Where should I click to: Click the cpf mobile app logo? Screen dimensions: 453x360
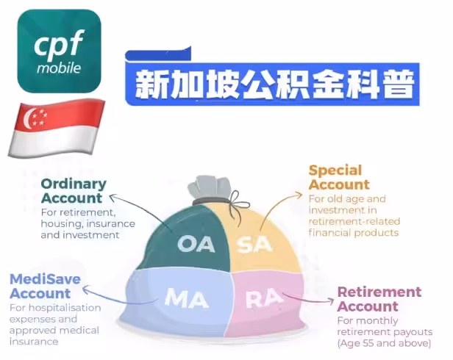coord(60,51)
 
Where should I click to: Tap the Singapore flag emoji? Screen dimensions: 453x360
coord(57,129)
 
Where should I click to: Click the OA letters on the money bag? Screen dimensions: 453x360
coord(196,244)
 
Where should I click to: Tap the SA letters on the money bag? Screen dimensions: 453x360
coord(254,245)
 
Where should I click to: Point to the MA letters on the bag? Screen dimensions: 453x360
coord(186,298)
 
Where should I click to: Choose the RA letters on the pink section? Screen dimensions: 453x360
coord(264,298)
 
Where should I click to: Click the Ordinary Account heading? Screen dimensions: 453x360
coord(74,191)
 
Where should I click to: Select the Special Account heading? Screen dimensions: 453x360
coord(339,177)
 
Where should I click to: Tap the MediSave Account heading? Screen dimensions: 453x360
coord(45,286)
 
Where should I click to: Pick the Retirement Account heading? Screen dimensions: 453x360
coord(379,299)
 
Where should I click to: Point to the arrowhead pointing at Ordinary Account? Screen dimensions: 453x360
coord(113,198)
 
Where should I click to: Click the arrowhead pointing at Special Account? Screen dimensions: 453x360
coord(299,195)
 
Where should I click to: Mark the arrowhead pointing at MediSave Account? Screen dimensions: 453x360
coord(86,289)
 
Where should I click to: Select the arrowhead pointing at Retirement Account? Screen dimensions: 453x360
coord(331,301)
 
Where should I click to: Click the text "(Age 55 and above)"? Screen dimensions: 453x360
coord(384,343)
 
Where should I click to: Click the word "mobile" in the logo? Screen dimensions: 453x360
coord(59,68)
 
